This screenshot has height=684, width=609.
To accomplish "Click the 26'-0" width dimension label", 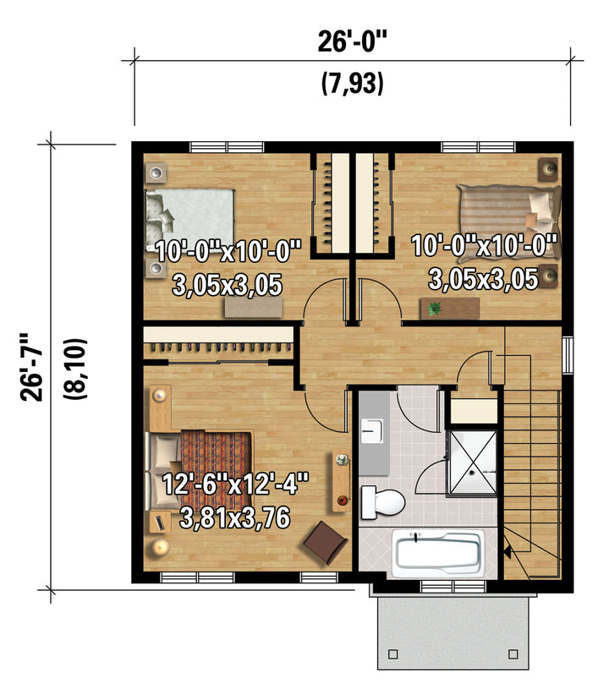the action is [352, 41].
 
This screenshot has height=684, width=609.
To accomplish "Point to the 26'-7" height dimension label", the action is [31, 367].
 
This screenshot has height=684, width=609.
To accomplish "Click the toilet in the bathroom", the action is [382, 502].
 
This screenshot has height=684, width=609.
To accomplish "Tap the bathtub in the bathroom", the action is [438, 553].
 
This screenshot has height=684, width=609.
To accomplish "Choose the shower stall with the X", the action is [472, 462].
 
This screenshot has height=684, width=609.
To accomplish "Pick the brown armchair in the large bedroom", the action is [326, 543].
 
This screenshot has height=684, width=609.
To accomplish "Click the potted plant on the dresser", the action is [434, 309].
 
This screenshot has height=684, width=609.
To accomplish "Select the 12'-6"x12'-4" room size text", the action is [235, 484].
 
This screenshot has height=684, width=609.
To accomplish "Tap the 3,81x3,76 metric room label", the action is [234, 517].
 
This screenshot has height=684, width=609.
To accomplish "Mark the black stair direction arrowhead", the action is [507, 552].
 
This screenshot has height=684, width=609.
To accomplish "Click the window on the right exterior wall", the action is [568, 354].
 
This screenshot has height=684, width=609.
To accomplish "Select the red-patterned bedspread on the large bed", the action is [217, 462].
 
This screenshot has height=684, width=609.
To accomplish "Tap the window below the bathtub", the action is [453, 586].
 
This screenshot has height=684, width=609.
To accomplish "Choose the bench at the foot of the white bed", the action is [253, 308].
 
